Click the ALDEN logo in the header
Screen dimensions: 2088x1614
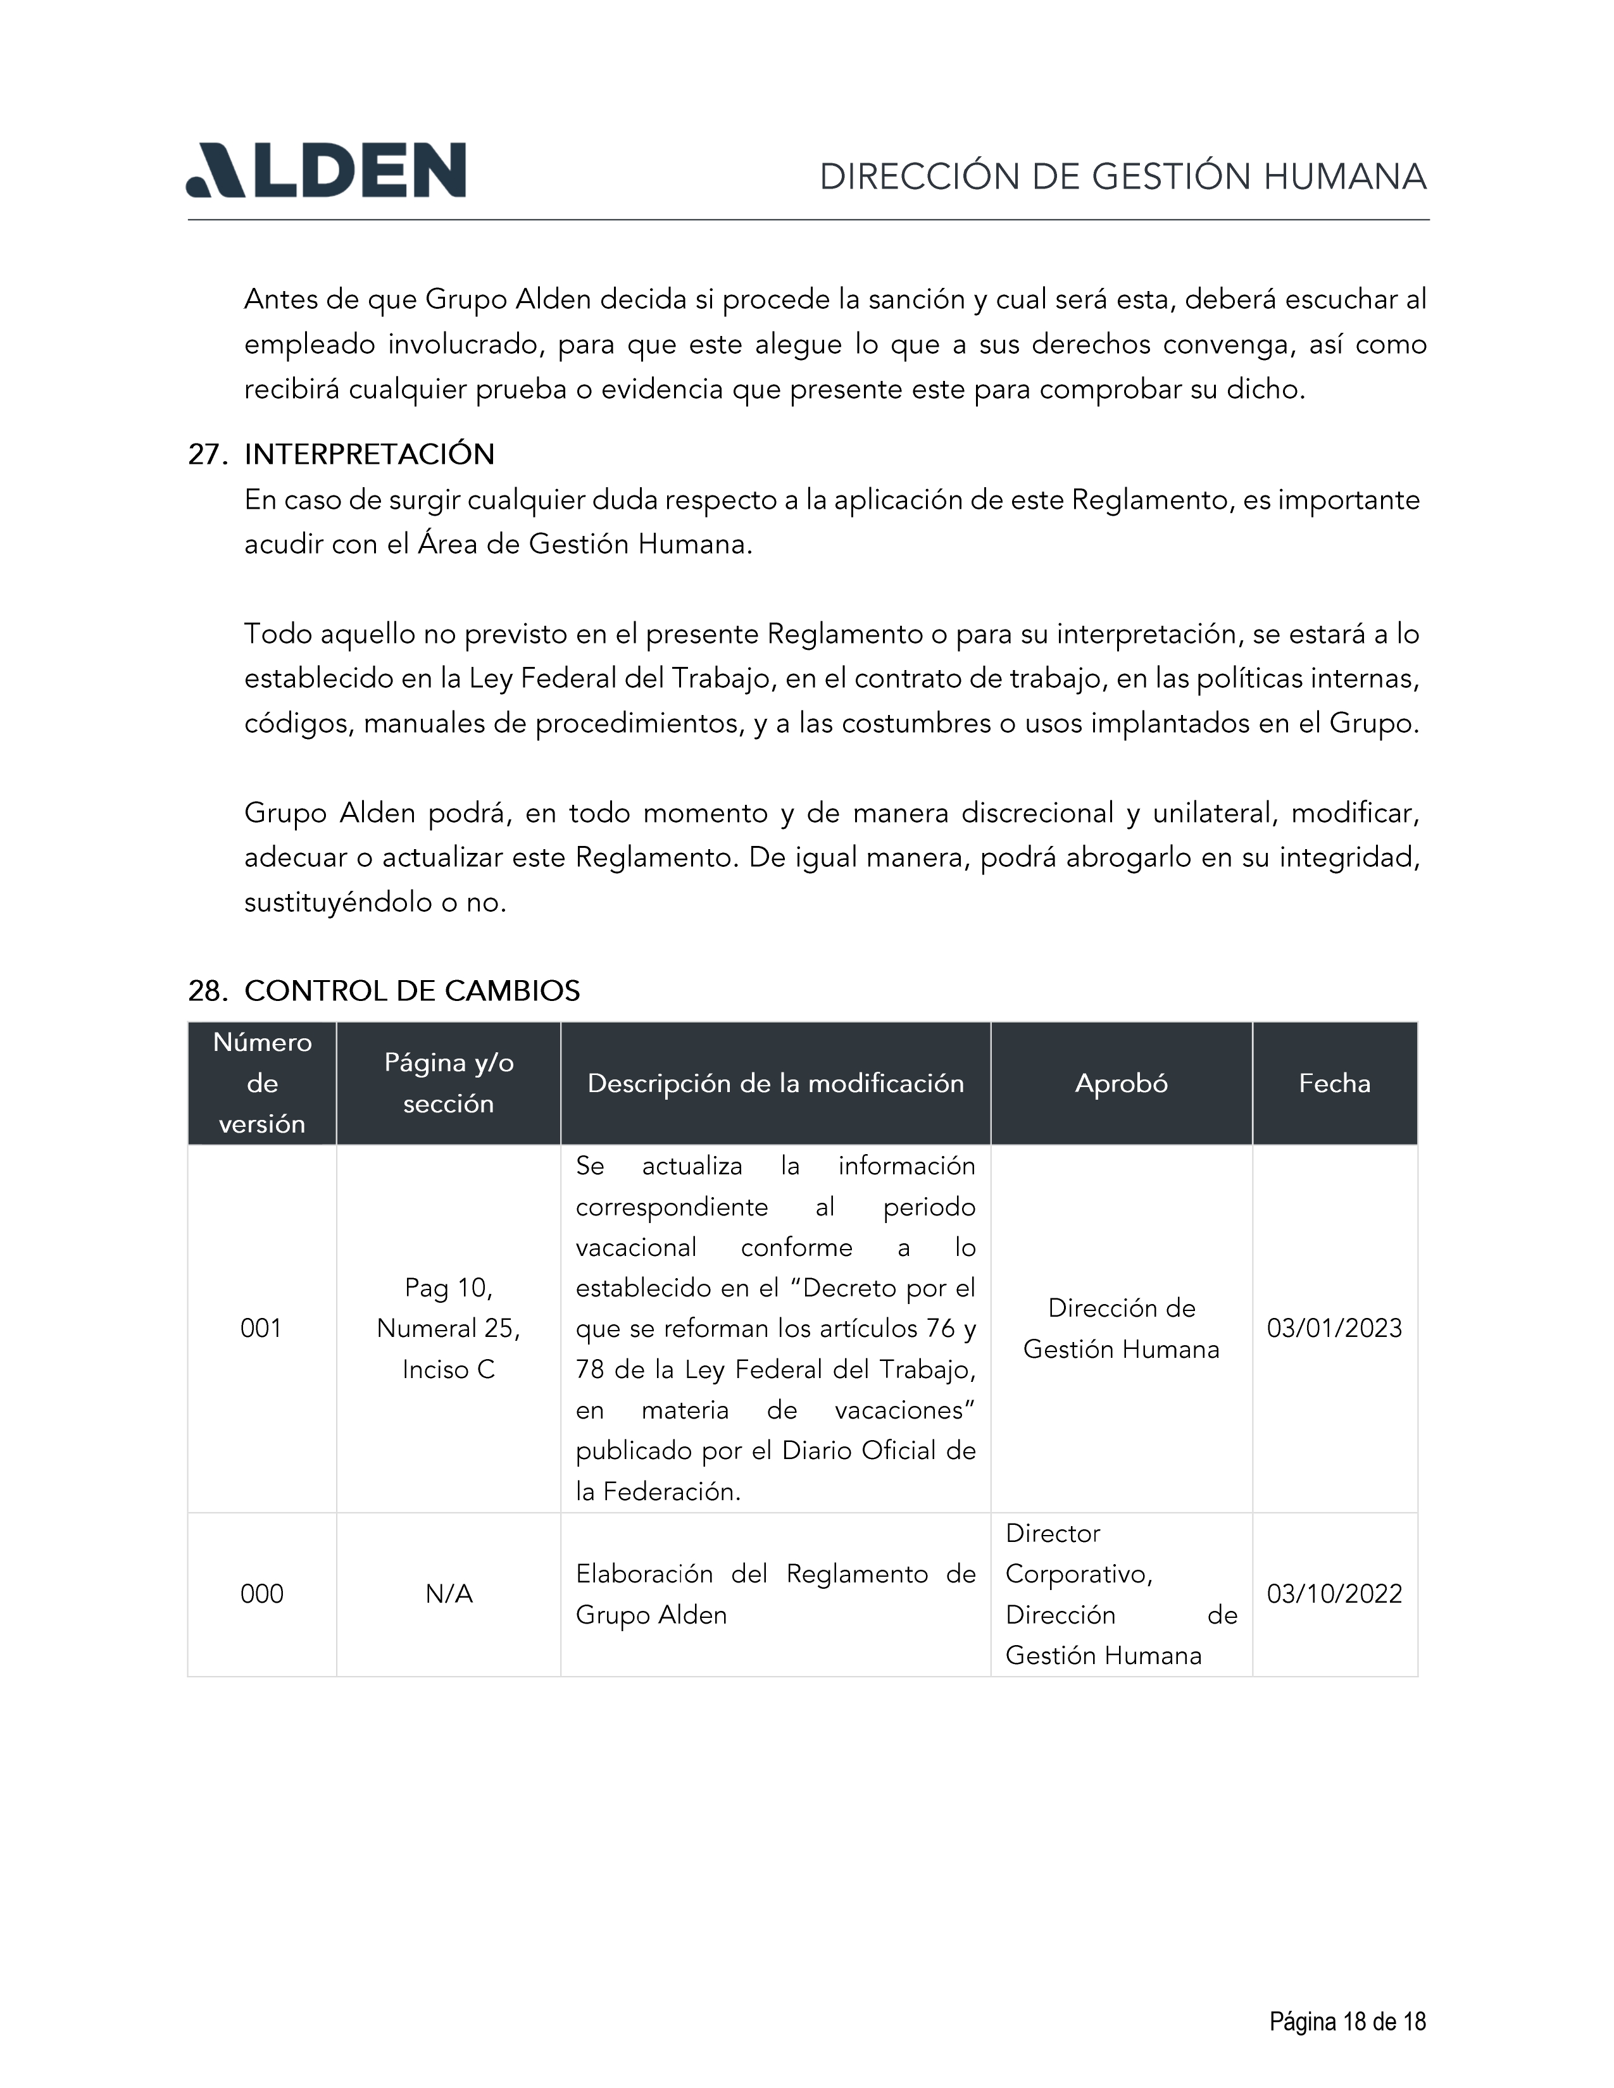click(x=325, y=171)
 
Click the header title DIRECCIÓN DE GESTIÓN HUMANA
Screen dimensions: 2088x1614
click(x=1123, y=177)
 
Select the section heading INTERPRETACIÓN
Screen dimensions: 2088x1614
click(x=369, y=454)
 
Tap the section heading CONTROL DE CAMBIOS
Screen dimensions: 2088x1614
click(x=412, y=990)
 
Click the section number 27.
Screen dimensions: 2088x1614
click(x=206, y=454)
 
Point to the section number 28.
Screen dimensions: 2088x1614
click(x=206, y=990)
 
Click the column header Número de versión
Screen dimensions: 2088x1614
click(x=262, y=1082)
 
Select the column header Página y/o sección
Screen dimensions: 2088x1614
click(x=449, y=1082)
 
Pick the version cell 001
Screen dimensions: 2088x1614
click(x=261, y=1328)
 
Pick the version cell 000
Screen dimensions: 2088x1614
click(x=261, y=1594)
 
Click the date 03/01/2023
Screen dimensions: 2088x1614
click(x=1334, y=1328)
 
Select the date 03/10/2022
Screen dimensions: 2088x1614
click(x=1334, y=1594)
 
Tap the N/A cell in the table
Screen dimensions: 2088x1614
click(x=449, y=1594)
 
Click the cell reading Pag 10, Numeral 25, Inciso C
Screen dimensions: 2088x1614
click(x=449, y=1328)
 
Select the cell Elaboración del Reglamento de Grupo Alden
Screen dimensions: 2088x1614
click(x=775, y=1594)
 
